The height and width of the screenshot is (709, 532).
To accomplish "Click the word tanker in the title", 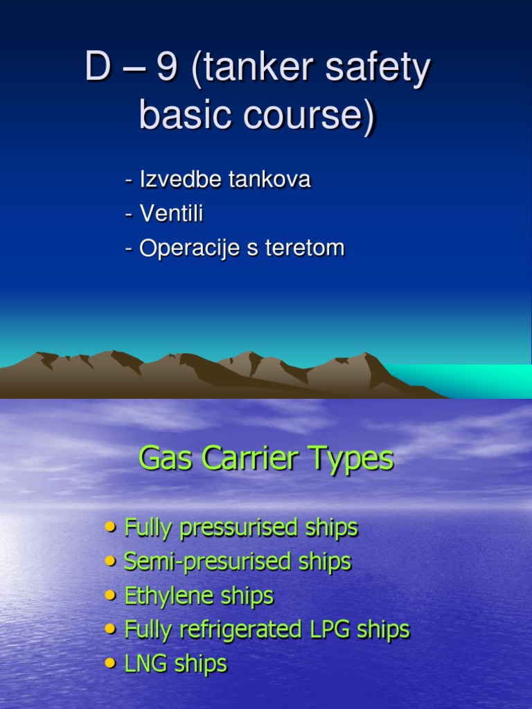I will (254, 71).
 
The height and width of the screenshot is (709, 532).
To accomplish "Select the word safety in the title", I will (377, 71).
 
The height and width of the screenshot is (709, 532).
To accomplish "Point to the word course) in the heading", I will (307, 116).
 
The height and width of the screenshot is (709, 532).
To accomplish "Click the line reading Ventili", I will (165, 214).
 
